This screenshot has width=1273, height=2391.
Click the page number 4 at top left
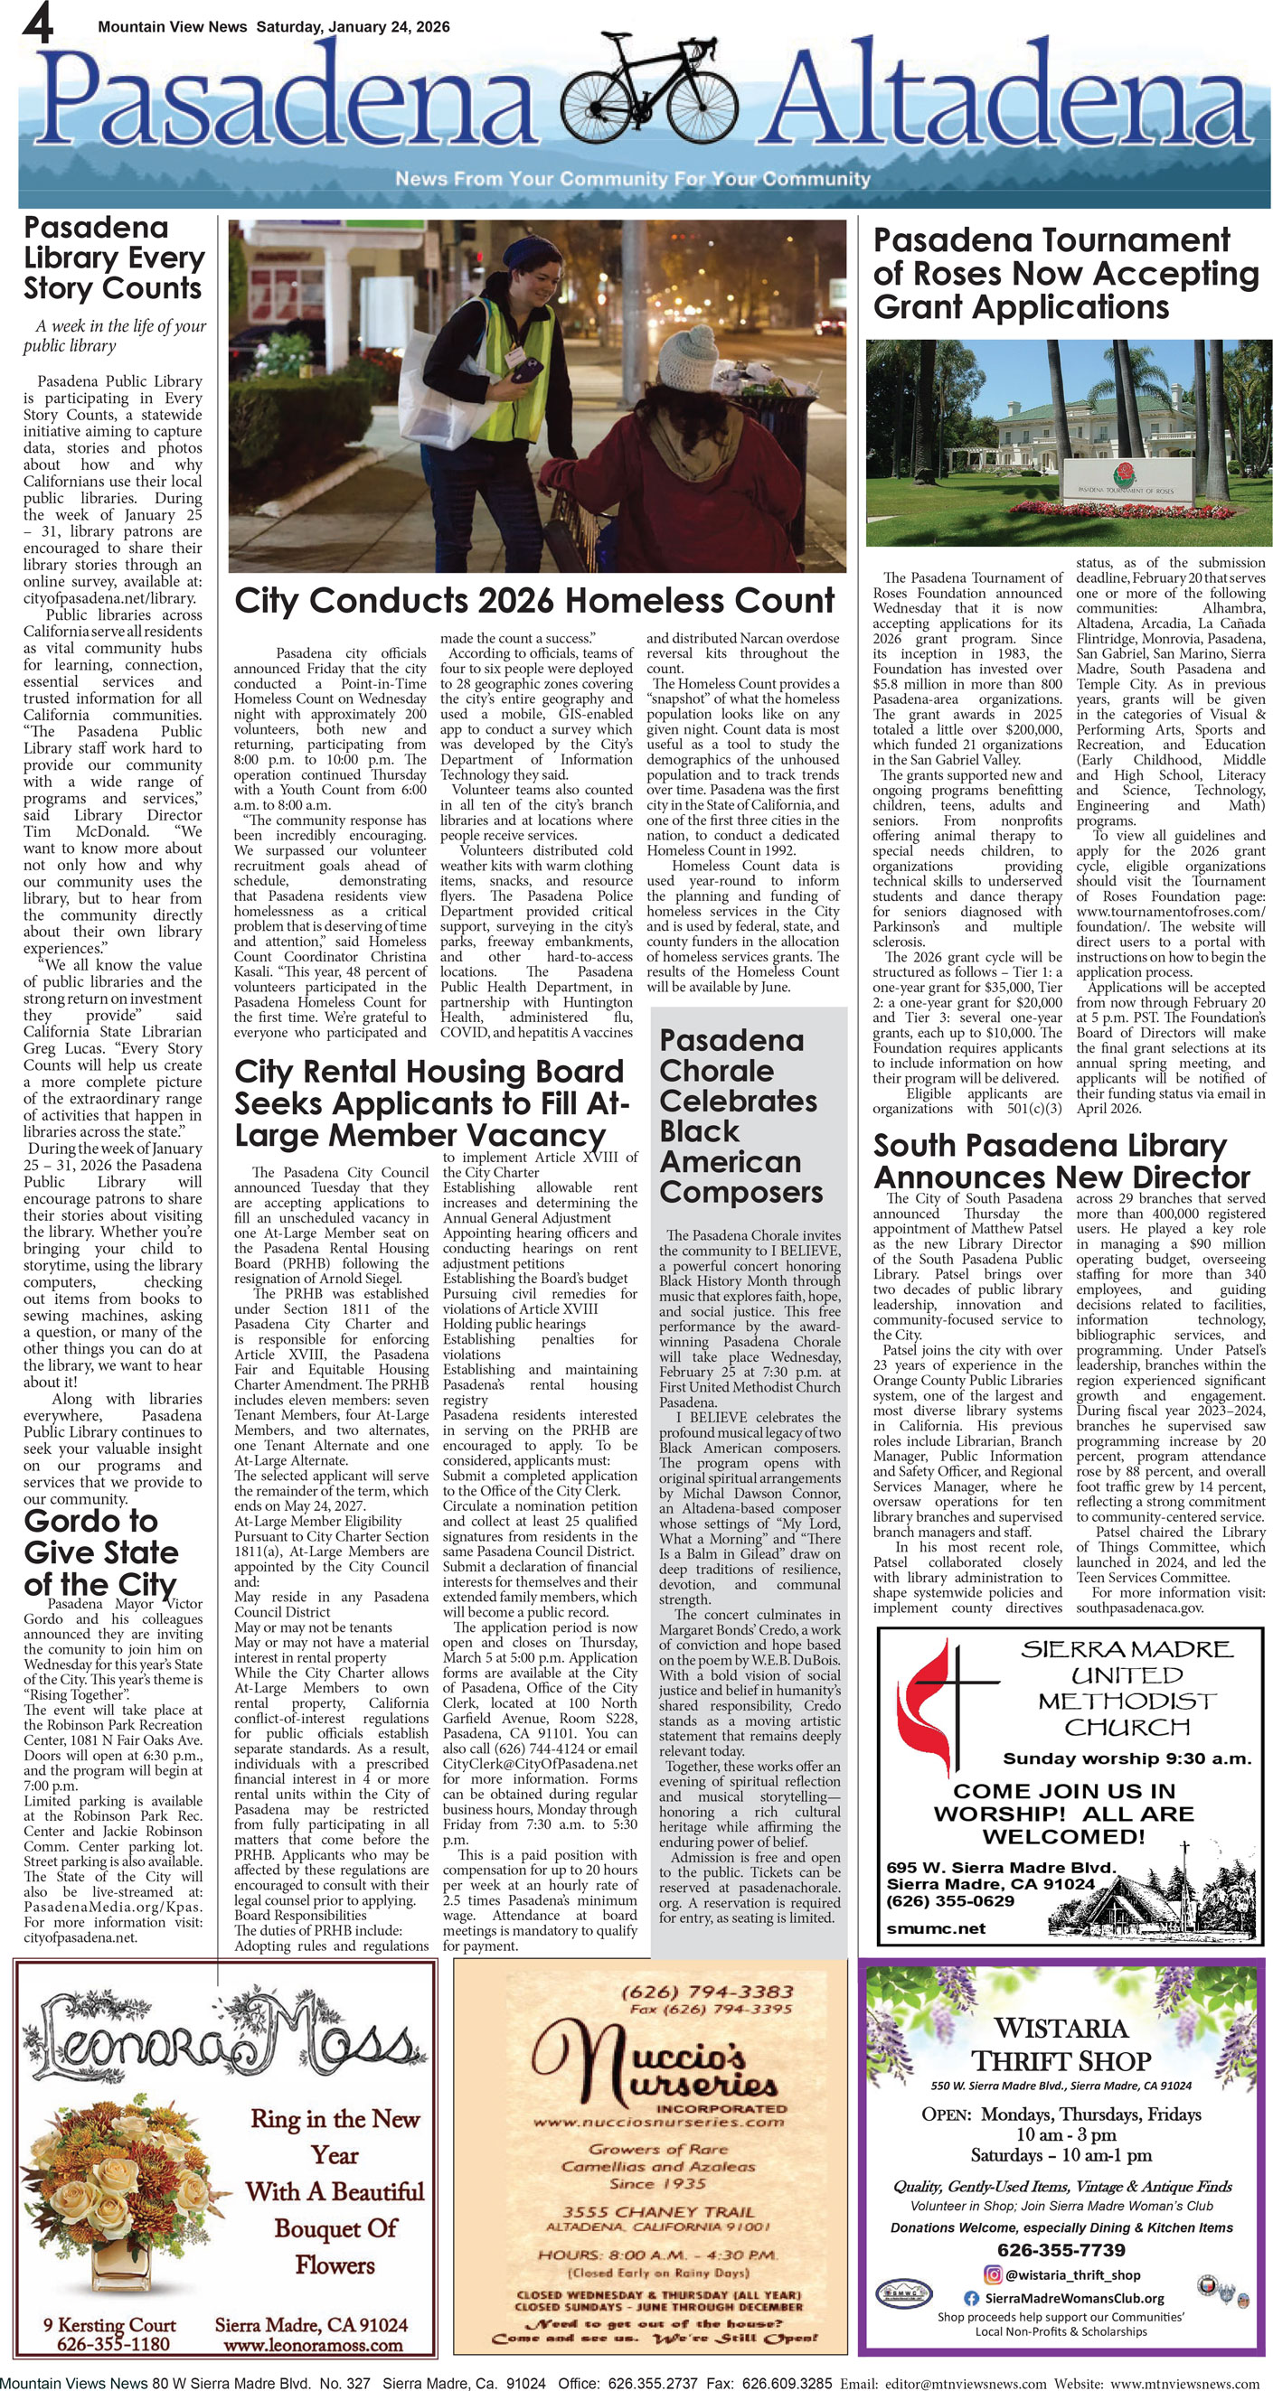37,23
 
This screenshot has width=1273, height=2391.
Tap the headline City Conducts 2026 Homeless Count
534,601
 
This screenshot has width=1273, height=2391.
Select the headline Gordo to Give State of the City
100,1552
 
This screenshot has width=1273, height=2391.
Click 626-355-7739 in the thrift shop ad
1061,2250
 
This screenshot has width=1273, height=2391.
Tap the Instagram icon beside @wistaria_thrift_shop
992,2275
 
